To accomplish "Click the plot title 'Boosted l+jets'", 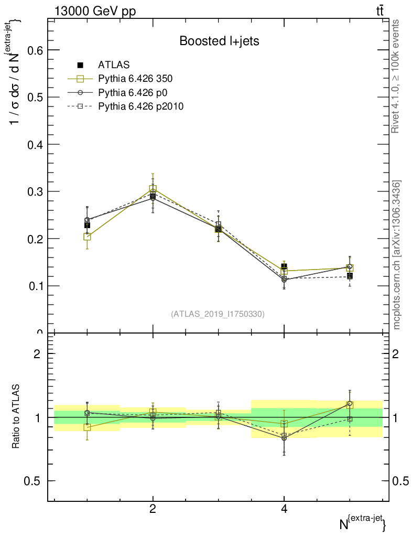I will (x=219, y=41).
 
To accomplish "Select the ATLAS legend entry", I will (x=114, y=65).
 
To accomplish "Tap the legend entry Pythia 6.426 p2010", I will (x=140, y=106).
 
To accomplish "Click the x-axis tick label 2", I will (x=153, y=509).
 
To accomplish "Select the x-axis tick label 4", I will (x=284, y=509).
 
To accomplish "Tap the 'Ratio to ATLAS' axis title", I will (x=16, y=417).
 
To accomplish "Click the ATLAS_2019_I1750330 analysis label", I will (x=218, y=314).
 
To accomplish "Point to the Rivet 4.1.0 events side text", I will (x=396, y=76).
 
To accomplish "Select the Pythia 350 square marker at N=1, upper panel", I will (x=87, y=237).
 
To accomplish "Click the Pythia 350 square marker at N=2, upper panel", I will (x=153, y=189).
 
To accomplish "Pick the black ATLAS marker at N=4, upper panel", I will (x=284, y=267).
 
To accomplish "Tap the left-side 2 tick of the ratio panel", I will (x=37, y=353).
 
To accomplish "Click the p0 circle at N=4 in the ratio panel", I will (x=284, y=438).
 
